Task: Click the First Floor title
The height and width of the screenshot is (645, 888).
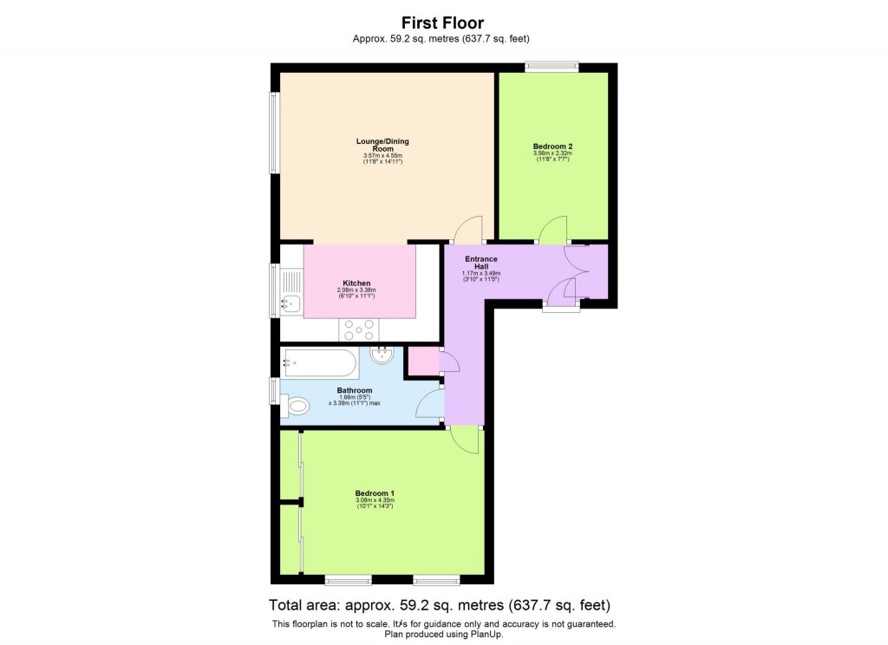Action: click(442, 23)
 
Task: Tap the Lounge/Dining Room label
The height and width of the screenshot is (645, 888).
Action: click(382, 145)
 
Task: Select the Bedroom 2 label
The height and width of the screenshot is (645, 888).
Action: click(552, 147)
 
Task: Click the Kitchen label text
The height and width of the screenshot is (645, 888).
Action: click(356, 283)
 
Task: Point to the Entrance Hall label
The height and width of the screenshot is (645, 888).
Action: click(480, 262)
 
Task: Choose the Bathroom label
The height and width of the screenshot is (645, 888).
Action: click(355, 391)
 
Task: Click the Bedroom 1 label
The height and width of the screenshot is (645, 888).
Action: click(375, 493)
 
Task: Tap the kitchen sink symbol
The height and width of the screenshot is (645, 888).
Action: click(290, 303)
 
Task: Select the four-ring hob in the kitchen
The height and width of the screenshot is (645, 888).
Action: click(359, 330)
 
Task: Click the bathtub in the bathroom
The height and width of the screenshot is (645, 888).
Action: click(317, 362)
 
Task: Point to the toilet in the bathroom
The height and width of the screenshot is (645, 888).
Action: click(296, 405)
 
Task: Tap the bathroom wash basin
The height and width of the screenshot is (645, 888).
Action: click(382, 354)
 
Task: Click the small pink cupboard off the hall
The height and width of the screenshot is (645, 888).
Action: click(423, 361)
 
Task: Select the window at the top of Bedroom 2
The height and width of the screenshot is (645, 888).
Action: click(552, 65)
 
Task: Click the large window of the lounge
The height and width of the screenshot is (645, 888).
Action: click(275, 132)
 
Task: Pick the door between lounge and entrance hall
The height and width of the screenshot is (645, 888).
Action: click(467, 231)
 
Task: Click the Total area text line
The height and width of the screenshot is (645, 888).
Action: click(443, 604)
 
